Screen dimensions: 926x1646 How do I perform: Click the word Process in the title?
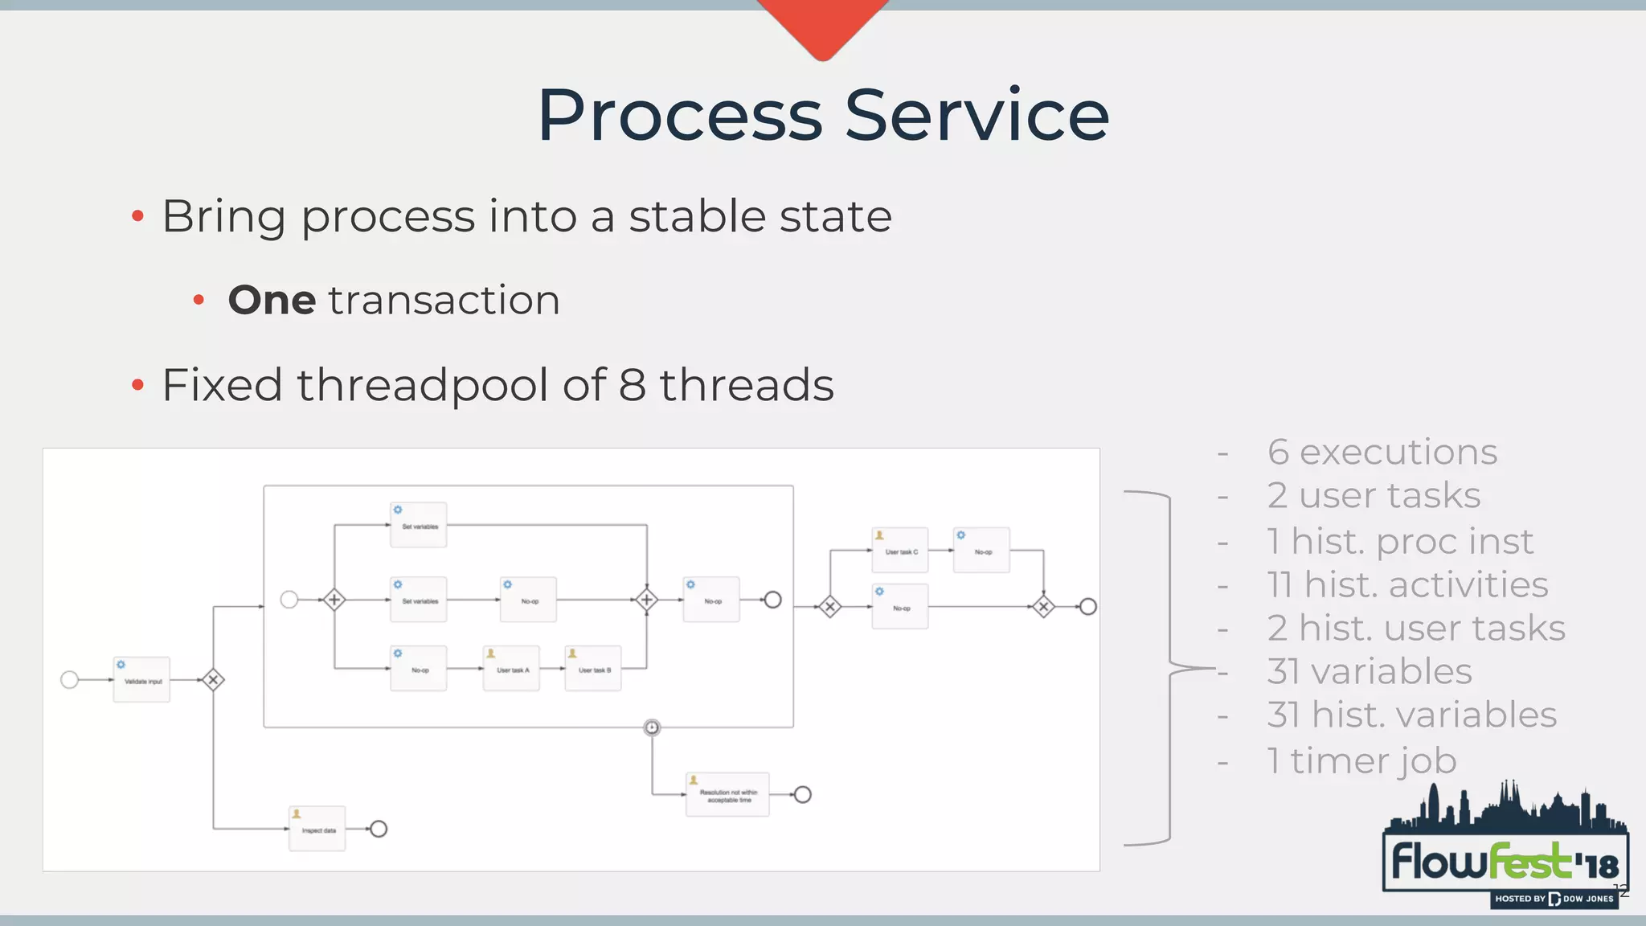pos(679,117)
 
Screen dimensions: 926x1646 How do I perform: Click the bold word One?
pos(272,301)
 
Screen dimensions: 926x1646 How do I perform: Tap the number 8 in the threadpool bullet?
pos(633,384)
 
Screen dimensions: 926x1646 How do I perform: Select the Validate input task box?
pos(141,679)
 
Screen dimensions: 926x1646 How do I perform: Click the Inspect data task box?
pos(317,828)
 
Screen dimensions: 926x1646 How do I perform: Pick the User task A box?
pos(512,668)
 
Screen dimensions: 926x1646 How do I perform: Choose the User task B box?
pos(593,668)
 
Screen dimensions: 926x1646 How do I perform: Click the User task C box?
pos(900,550)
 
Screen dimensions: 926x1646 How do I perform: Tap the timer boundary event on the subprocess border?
pos(652,727)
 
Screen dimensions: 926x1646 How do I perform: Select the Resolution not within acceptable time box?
pos(727,794)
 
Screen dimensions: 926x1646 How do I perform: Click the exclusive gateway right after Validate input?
pos(213,680)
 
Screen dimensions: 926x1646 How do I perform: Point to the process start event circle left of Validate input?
pos(70,680)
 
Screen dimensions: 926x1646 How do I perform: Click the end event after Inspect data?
pos(379,829)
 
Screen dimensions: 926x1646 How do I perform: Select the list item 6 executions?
pos(1382,452)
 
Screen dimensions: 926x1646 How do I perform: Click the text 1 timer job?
pos(1361,760)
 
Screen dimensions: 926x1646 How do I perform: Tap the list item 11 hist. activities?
pos(1406,584)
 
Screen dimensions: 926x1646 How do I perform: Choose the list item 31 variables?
pos(1369,671)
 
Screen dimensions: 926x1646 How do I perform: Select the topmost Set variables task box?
pos(419,525)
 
